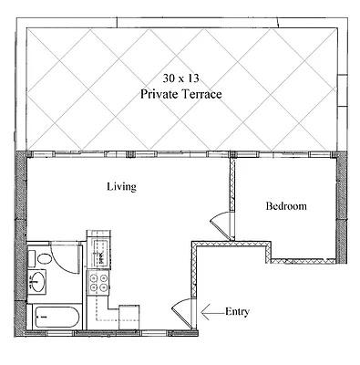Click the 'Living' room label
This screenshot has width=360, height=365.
pos(121,187)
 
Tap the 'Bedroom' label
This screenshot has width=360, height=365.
pos(285,206)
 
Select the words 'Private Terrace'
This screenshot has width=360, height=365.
pos(181,94)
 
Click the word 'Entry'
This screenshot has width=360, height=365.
pos(237,312)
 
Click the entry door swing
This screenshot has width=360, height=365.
pos(182,312)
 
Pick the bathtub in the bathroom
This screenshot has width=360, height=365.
pos(55,318)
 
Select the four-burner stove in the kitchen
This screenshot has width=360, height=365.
pos(98,284)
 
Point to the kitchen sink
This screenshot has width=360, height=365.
pos(98,247)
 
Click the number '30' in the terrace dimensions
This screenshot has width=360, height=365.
pos(168,78)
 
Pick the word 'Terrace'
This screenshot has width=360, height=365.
pos(201,94)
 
